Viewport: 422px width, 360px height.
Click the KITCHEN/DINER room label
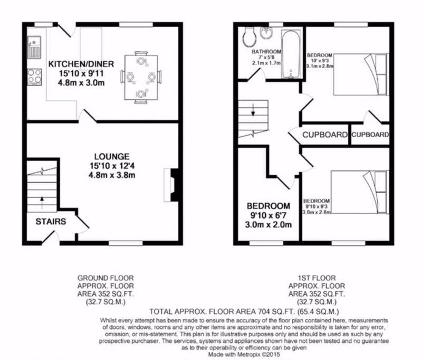coord(81,64)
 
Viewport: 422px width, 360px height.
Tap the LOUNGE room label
coord(112,156)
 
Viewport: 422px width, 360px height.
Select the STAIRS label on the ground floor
coord(51,222)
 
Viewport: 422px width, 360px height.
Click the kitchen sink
coord(34,48)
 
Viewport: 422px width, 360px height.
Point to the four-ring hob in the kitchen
coord(34,77)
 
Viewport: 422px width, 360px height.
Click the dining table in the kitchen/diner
coord(141,77)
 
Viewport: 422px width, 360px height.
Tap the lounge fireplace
coord(171,185)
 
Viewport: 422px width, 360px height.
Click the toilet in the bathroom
coord(250,36)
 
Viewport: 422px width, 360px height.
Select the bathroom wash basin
coord(267,33)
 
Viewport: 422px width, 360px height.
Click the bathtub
coord(291,54)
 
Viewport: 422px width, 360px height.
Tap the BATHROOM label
coord(266,51)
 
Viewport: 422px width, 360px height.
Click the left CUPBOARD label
coord(325,135)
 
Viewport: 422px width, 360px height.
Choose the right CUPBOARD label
coord(370,135)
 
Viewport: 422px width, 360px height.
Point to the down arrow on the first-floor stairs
coord(253,110)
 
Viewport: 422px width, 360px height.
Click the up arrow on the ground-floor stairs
coord(42,203)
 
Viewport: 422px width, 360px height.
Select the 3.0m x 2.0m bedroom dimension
coord(268,224)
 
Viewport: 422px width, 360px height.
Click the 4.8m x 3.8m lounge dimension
coord(112,175)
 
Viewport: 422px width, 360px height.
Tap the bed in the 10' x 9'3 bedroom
coord(361,74)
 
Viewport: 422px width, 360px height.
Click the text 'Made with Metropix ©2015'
coord(244,354)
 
